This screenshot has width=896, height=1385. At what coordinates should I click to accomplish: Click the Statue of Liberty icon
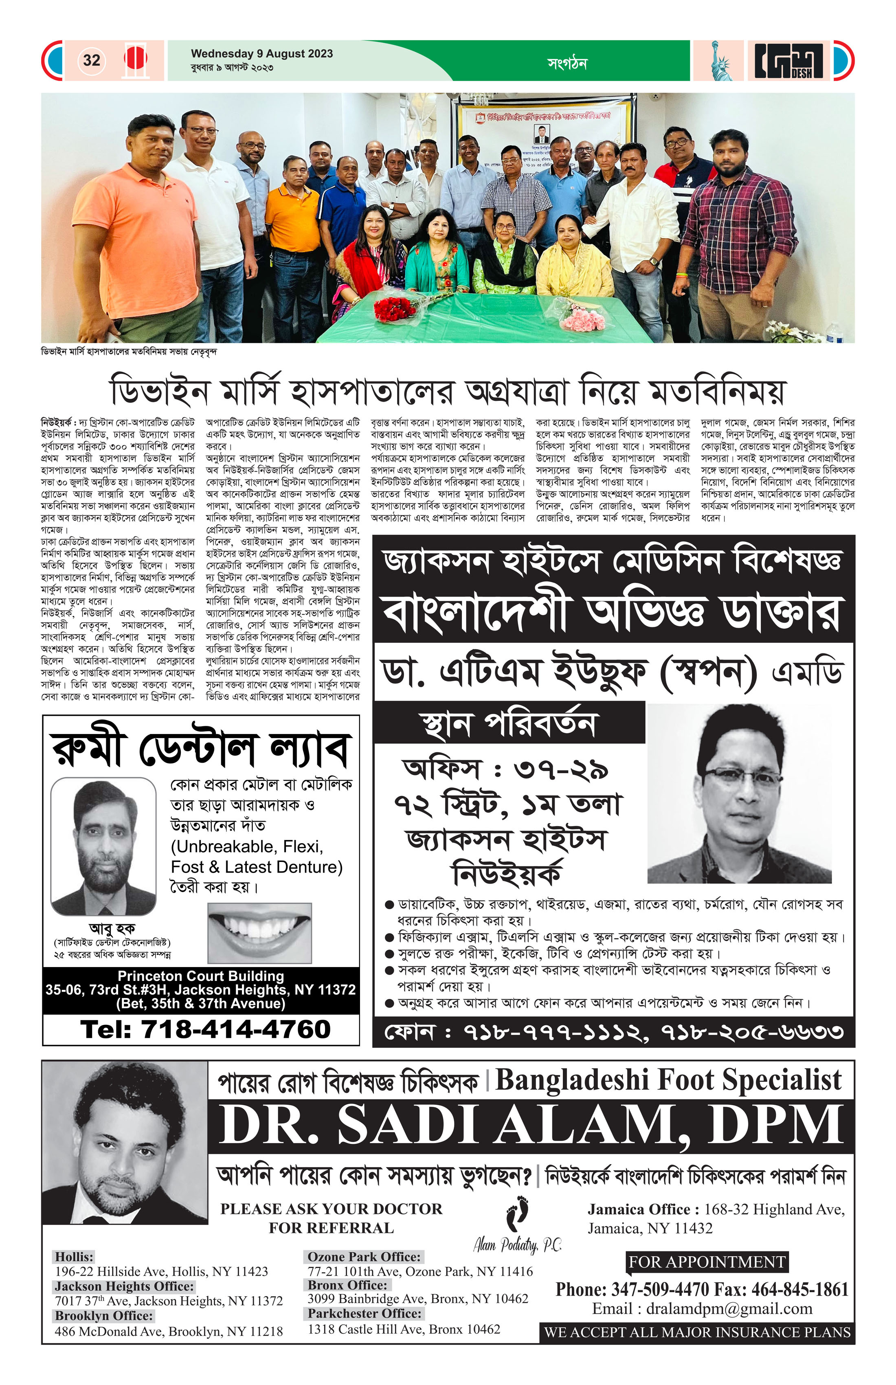(720, 61)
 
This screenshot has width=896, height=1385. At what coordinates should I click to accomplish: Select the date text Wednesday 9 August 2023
(262, 53)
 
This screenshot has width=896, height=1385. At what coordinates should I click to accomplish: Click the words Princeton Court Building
(201, 976)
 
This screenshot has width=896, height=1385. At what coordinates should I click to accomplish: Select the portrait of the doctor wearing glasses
(739, 794)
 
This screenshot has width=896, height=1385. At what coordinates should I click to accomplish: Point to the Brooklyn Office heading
(104, 1316)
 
